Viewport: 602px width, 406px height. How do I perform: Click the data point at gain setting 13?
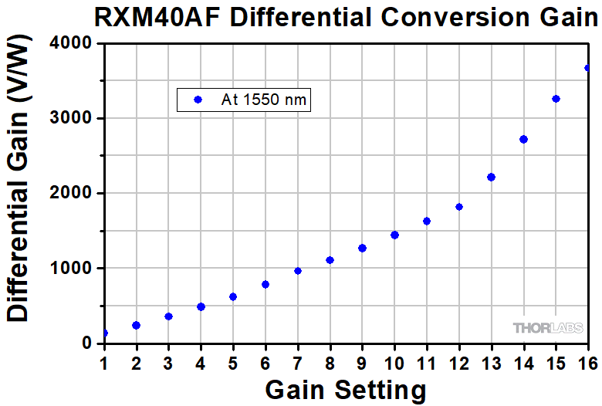491,178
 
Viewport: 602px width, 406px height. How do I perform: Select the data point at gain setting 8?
330,260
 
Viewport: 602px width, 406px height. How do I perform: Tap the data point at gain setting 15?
556,99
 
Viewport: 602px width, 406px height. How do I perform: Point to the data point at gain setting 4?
201,306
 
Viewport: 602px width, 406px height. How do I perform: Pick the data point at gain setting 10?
394,235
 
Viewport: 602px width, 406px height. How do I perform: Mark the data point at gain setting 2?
137,325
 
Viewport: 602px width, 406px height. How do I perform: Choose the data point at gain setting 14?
523,140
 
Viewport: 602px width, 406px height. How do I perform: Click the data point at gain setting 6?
265,284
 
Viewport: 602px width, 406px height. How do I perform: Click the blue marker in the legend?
197,100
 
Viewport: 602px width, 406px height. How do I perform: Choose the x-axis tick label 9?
362,360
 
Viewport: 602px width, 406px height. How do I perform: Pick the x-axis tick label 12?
458,360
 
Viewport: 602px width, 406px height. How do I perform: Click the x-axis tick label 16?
588,360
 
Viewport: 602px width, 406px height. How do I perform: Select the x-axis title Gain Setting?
346,388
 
